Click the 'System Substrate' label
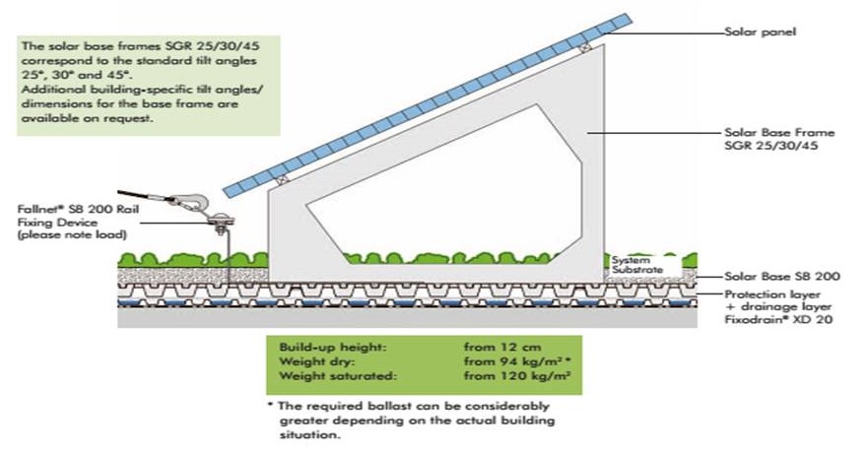[x=632, y=264]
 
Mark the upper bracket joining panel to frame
[x=585, y=46]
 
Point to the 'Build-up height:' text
[x=330, y=348]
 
